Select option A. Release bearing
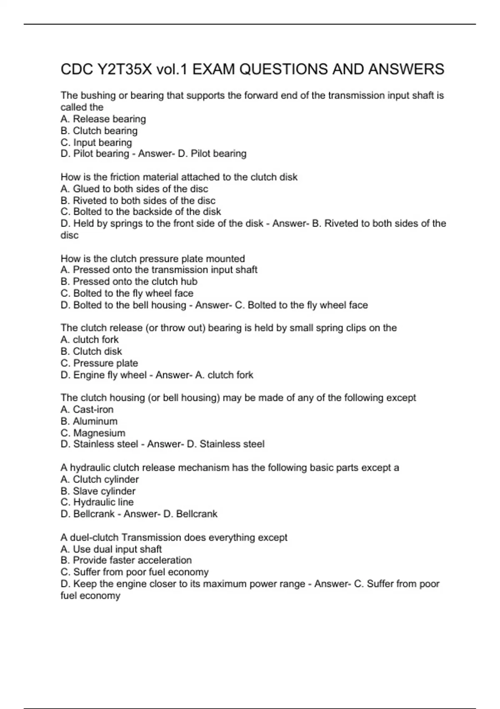coord(103,119)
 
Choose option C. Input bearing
coord(96,143)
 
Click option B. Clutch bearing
coord(99,131)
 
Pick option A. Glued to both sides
coord(134,189)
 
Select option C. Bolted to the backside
coord(141,212)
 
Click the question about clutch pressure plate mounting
coord(152,259)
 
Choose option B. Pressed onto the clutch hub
coord(129,282)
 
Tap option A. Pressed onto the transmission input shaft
coord(159,270)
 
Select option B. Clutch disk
coord(91,352)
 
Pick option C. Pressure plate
coord(99,363)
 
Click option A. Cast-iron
coord(87,410)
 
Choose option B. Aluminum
coord(89,421)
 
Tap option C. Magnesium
coord(93,433)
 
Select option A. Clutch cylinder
coord(100,480)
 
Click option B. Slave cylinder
coord(98,491)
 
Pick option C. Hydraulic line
coord(97,503)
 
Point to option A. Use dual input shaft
coord(111,549)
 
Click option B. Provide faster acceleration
coord(126,561)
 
